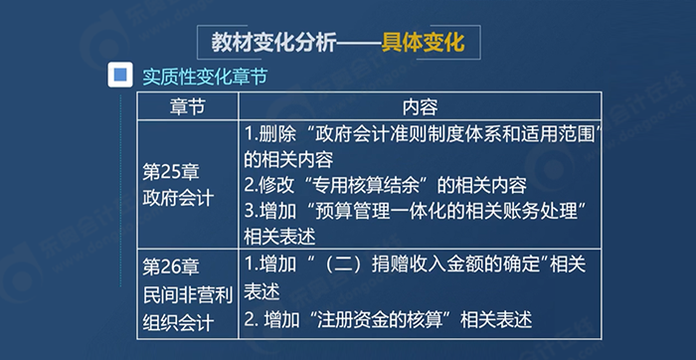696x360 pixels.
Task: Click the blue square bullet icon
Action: pyautogui.click(x=121, y=75)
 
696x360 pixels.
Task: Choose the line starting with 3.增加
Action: pyautogui.click(x=419, y=210)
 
